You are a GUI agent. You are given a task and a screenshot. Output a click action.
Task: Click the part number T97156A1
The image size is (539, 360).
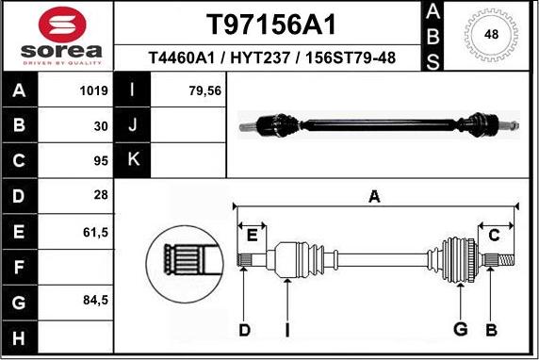[270, 24]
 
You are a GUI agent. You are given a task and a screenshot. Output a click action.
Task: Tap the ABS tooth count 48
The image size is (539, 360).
[491, 35]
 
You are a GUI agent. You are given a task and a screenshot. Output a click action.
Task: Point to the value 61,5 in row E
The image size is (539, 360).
[97, 230]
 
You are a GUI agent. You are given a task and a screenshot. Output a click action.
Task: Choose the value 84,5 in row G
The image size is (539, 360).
[97, 301]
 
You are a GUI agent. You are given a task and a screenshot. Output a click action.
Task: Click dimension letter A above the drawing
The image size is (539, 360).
[374, 196]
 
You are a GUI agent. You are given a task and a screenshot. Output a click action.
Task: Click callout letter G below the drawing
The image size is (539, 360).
[461, 329]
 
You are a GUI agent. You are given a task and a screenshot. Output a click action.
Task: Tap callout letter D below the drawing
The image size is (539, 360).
[244, 329]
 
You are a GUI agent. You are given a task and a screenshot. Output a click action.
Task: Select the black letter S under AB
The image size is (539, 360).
[432, 60]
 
